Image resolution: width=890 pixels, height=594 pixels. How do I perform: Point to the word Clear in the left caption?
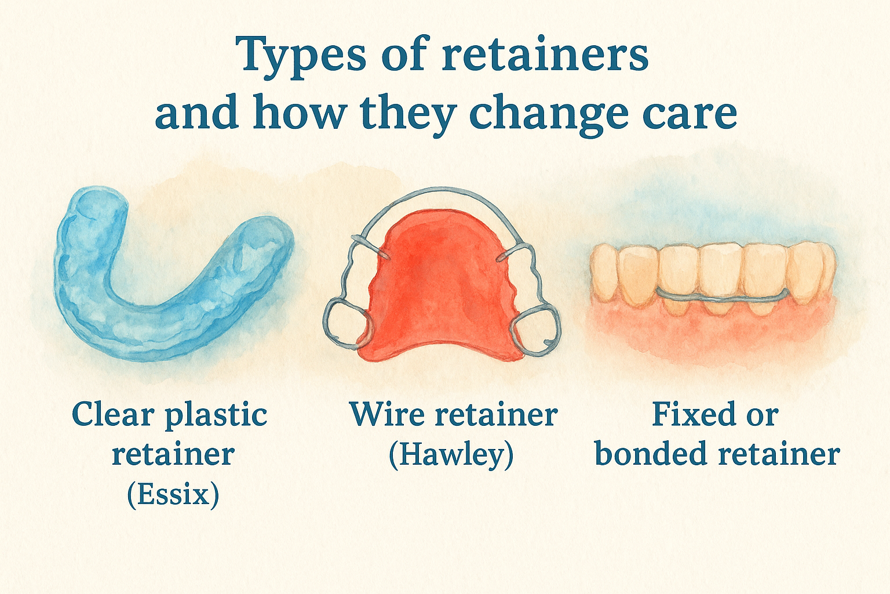pos(113,415)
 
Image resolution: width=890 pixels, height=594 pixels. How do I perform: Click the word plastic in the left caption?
pos(216,416)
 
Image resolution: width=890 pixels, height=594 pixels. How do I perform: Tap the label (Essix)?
pos(173,495)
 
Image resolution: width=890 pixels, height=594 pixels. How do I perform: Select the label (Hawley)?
pos(451,455)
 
